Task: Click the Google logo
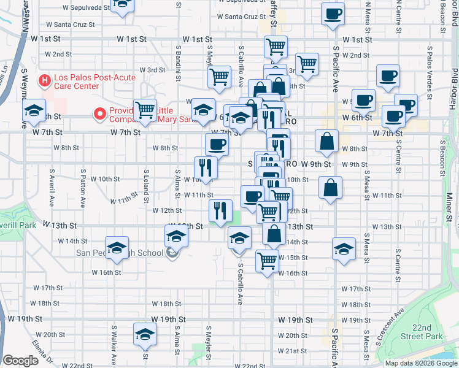[x=20, y=361]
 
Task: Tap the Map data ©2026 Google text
[x=421, y=363]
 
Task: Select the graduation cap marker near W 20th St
[x=145, y=335]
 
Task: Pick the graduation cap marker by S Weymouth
[x=34, y=111]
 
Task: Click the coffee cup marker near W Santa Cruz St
[x=333, y=15]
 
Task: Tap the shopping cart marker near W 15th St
[x=267, y=261]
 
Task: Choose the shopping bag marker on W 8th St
[x=327, y=140]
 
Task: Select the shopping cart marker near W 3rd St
[x=219, y=77]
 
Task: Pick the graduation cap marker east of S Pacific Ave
[x=344, y=248]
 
